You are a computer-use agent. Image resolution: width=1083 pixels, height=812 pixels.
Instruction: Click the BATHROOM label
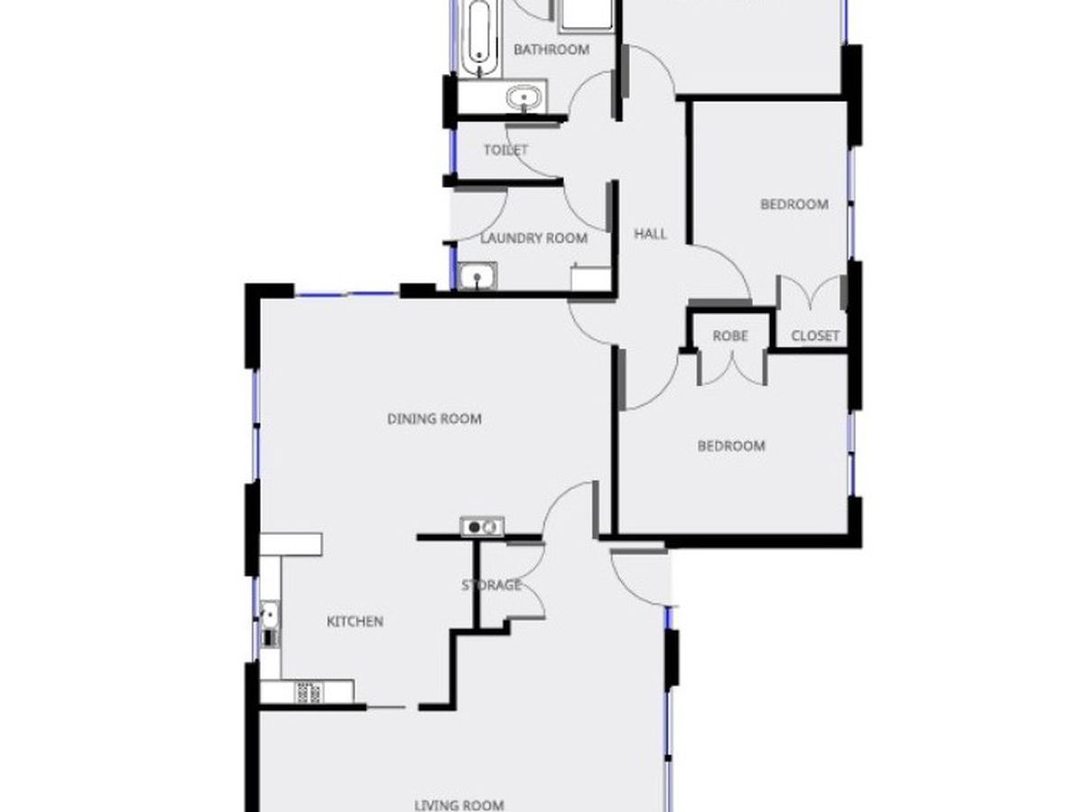point(551,50)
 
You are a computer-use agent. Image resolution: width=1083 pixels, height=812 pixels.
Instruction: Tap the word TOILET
point(505,150)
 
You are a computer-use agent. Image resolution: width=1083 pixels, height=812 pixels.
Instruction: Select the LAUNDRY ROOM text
point(533,238)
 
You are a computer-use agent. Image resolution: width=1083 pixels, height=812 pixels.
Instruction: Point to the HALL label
point(650,234)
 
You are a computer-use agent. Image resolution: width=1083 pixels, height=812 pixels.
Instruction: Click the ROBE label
point(730,336)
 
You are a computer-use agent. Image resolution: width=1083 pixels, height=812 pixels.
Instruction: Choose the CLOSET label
point(815,336)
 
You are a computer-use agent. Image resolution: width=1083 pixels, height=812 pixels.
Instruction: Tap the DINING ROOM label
point(434,419)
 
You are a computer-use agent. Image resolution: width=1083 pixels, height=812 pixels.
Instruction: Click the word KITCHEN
point(355,622)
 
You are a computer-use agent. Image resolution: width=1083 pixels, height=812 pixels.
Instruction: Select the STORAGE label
point(492,585)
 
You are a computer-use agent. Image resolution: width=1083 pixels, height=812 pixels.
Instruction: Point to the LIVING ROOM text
point(458,804)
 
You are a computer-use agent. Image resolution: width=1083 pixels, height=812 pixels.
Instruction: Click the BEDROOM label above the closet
point(794,205)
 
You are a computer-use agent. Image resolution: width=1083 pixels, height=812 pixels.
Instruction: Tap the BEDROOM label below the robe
point(731,446)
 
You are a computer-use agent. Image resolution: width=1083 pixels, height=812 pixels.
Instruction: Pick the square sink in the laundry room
point(475,276)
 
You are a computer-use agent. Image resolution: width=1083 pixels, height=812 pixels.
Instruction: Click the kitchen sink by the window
point(269,617)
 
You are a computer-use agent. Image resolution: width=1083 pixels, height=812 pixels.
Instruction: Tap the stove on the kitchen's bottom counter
point(308,692)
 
